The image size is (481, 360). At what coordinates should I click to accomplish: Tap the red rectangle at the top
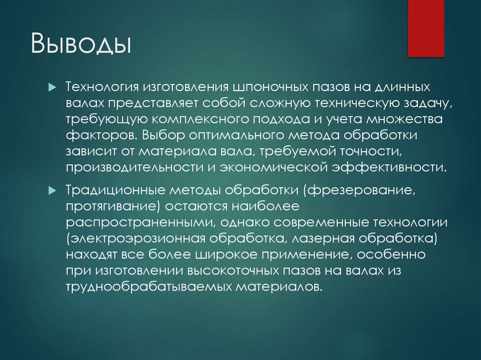[x=426, y=28]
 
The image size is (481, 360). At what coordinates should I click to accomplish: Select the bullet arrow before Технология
[x=52, y=88]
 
